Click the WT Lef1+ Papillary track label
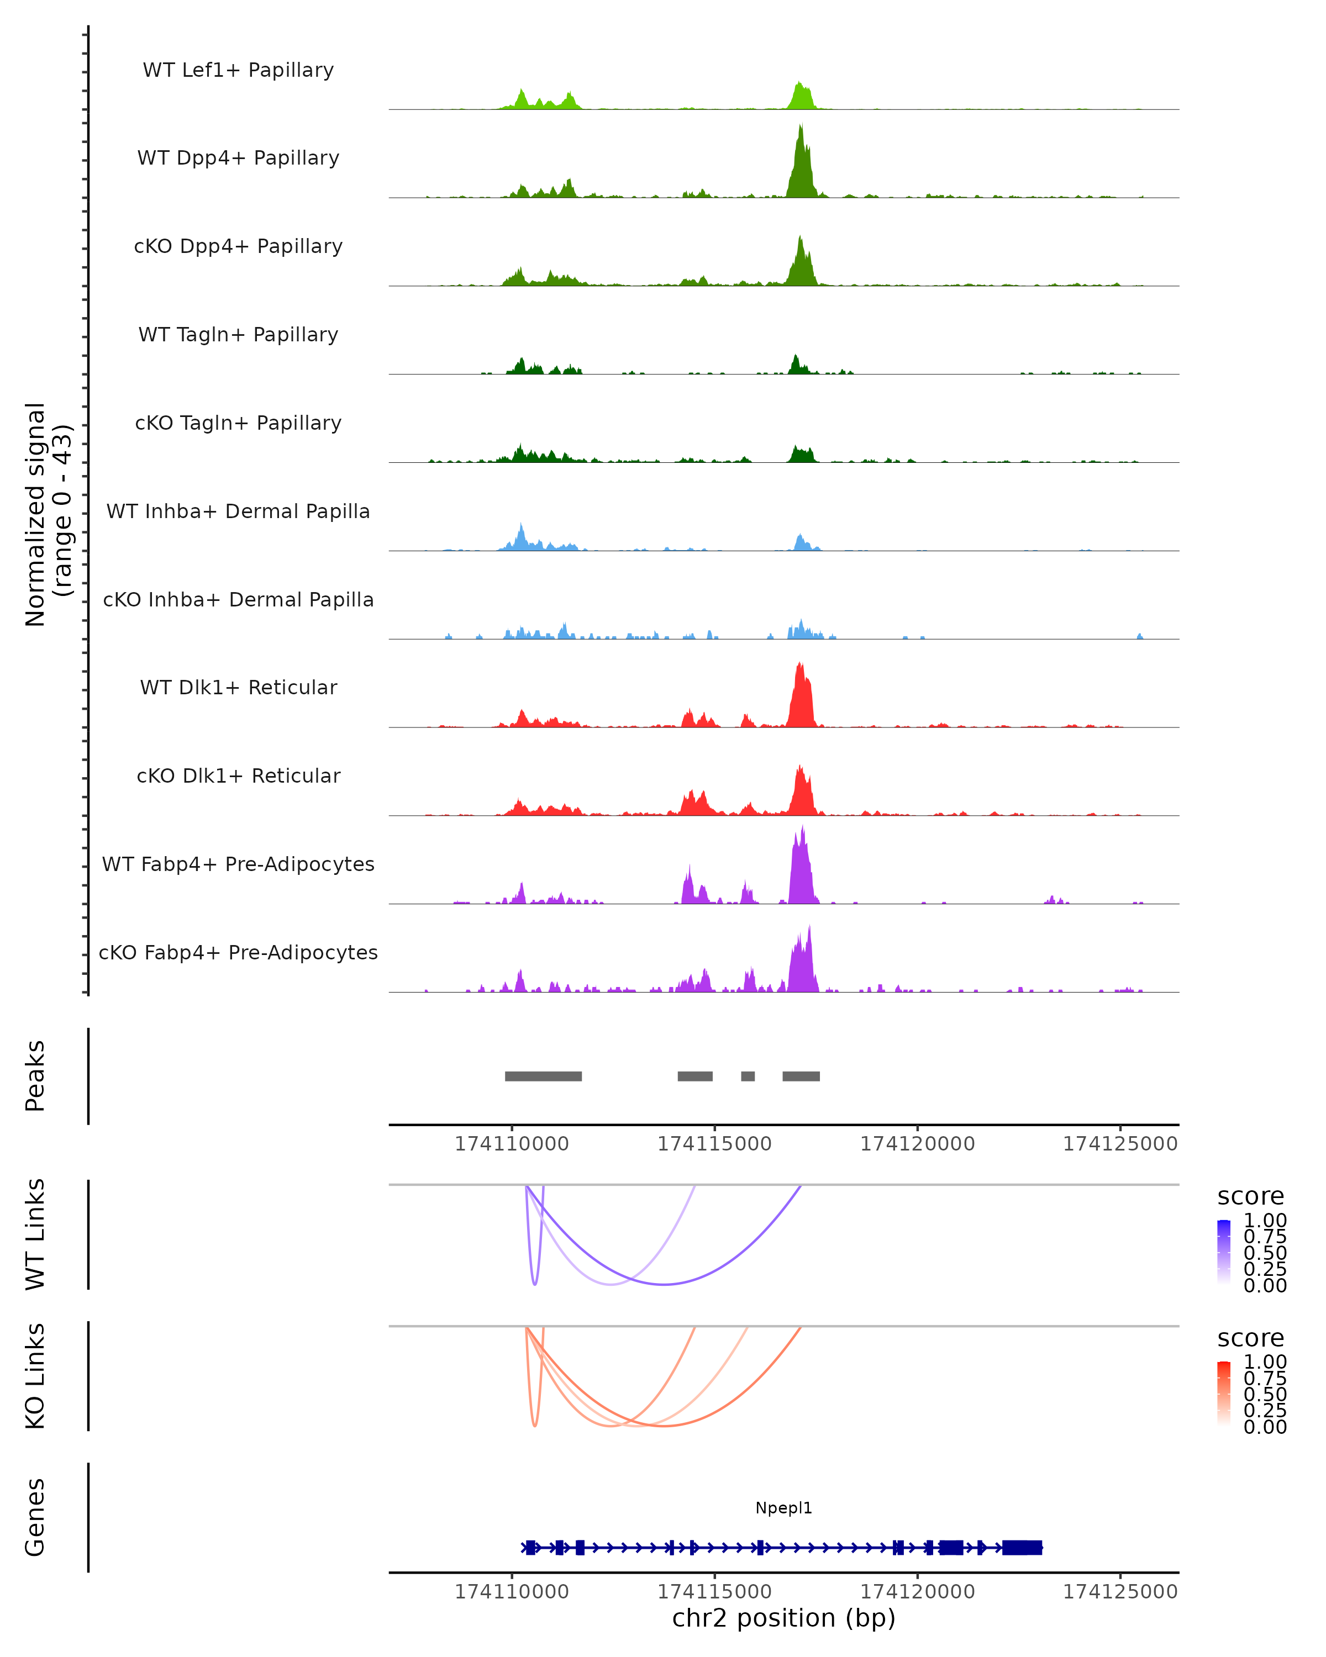pyautogui.click(x=238, y=70)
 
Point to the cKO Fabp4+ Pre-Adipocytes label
pyautogui.click(x=238, y=952)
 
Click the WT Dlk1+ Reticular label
pyautogui.click(x=238, y=687)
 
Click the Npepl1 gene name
pyautogui.click(x=783, y=1508)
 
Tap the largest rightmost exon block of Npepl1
pyautogui.click(x=1022, y=1547)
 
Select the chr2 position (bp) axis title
pyautogui.click(x=783, y=1618)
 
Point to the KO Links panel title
pyautogui.click(x=35, y=1376)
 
